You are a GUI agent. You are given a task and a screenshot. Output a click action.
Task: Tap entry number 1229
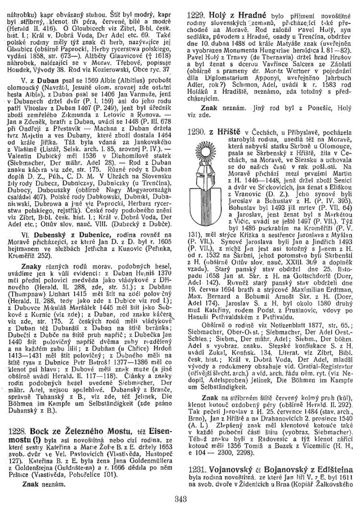pos(196,15)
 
